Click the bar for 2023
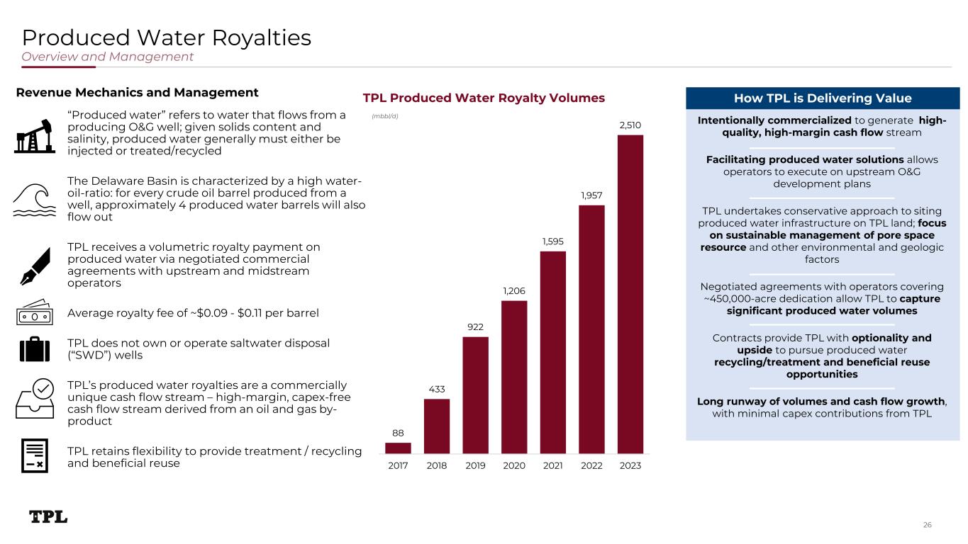click(x=630, y=294)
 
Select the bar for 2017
click(x=398, y=448)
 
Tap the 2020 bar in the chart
click(x=514, y=377)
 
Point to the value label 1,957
click(x=591, y=195)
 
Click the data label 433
click(x=437, y=389)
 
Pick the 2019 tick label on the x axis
click(x=475, y=466)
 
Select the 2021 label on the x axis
click(x=552, y=466)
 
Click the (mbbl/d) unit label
click(x=385, y=116)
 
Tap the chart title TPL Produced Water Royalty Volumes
click(x=484, y=98)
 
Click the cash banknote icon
click(x=34, y=312)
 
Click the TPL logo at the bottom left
click(x=48, y=517)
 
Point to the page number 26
click(x=927, y=525)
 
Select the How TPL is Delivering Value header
click(x=823, y=98)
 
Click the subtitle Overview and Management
click(x=108, y=57)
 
